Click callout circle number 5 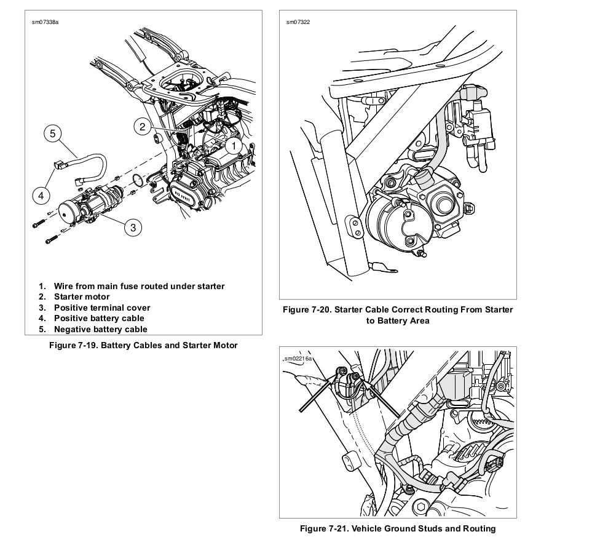click(53, 133)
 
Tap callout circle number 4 click(41, 196)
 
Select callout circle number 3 click(133, 228)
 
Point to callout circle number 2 click(143, 127)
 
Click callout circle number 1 click(234, 146)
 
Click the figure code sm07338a click(45, 22)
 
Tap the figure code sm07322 click(298, 22)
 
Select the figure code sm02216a click(299, 358)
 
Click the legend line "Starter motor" click(82, 296)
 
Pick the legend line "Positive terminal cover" click(101, 308)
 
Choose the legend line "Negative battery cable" click(100, 329)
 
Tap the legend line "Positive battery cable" click(99, 318)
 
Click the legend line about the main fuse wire click(139, 286)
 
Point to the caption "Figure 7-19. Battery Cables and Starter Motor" click(143, 345)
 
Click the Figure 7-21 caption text click(398, 528)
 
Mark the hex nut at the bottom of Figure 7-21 click(420, 507)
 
